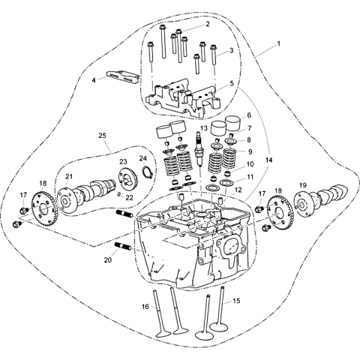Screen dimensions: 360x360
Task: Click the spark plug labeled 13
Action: [x=199, y=149]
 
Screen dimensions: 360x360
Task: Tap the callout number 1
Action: [x=278, y=43]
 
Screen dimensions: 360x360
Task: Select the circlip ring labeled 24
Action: [x=147, y=172]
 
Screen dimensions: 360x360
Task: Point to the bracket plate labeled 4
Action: [x=122, y=77]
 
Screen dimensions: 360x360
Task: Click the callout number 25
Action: [x=102, y=136]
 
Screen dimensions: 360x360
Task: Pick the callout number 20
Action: [x=108, y=260]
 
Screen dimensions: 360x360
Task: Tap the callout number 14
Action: [x=268, y=160]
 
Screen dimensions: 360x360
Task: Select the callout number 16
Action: [x=145, y=306]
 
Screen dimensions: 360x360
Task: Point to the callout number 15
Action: [x=236, y=301]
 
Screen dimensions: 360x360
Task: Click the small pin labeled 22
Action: [x=119, y=194]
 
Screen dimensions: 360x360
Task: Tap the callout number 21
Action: [x=69, y=176]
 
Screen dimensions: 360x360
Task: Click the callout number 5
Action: [x=232, y=83]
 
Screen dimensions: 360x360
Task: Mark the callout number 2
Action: [x=208, y=24]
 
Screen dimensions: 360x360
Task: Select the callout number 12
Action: [x=238, y=190]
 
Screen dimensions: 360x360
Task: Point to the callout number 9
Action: [x=250, y=151]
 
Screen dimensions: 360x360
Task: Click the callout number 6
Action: [x=249, y=115]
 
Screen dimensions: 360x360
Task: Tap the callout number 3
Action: [x=231, y=50]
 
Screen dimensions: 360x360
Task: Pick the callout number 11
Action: [x=250, y=177]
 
